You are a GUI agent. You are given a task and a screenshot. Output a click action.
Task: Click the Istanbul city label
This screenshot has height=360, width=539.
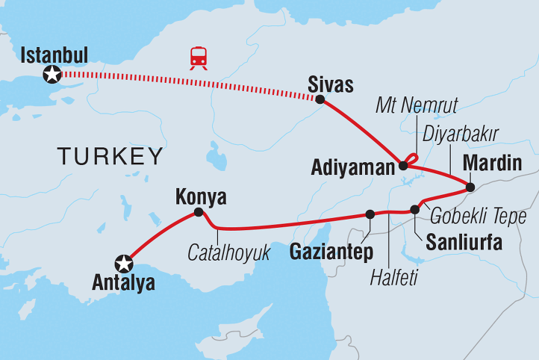coord(54,55)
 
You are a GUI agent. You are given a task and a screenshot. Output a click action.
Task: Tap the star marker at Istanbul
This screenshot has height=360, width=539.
coord(52,74)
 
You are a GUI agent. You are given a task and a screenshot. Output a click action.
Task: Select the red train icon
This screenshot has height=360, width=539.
coord(199,58)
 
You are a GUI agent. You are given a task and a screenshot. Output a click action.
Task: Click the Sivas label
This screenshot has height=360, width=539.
coord(328,83)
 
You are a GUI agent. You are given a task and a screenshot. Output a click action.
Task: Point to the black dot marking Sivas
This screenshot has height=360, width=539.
coord(320,99)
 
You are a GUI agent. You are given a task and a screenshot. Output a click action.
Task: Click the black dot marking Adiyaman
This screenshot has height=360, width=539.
coord(403,166)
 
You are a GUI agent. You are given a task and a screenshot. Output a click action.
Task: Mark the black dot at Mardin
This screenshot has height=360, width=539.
coord(470,187)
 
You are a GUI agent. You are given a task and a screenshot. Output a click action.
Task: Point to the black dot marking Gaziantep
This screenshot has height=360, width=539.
coord(370,214)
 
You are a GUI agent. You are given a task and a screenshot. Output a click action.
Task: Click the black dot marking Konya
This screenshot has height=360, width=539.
coord(198,212)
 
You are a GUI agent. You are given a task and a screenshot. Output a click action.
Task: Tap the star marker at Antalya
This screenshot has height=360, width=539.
coord(123,263)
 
